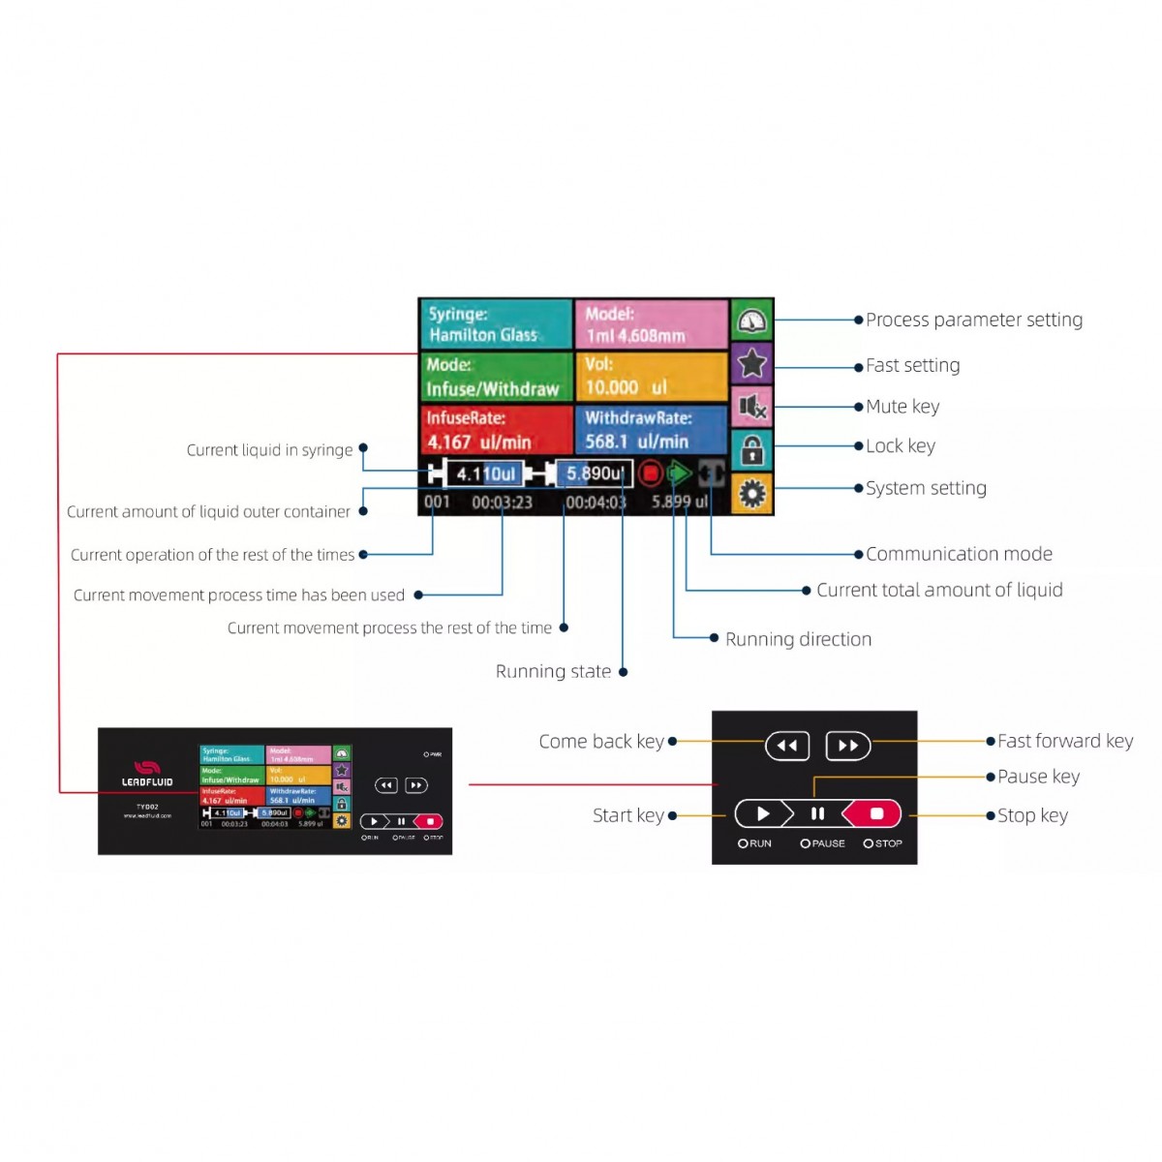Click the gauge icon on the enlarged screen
pos(751,321)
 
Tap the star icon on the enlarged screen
pos(751,364)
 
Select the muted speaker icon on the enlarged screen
pos(751,407)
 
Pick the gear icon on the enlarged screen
pos(751,494)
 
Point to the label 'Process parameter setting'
pos(973,320)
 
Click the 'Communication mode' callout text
pos(959,554)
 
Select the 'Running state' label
pos(553,671)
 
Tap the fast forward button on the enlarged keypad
pos(848,746)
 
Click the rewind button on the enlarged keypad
pos(787,746)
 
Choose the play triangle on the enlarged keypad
pos(763,813)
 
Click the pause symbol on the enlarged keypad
pos(817,813)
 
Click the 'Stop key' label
pos(1032,815)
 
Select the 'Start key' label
pos(627,815)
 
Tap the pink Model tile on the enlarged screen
pos(651,324)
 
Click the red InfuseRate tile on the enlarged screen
pos(496,430)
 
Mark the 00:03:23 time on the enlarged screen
pos(502,503)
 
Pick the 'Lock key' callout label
pos(900,445)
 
